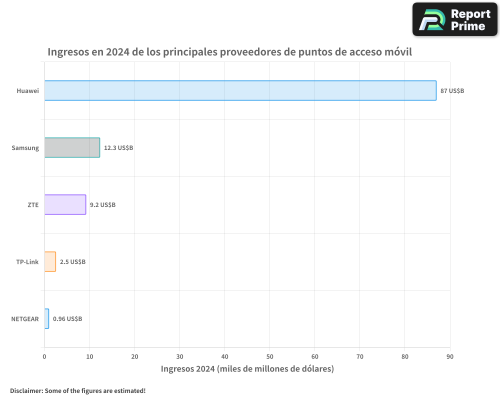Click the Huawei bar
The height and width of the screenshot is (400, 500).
pos(240,90)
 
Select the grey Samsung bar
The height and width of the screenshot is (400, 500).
pos(72,147)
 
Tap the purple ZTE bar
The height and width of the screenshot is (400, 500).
pos(65,204)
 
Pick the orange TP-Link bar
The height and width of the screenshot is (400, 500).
pos(50,261)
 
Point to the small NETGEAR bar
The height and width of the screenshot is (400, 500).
pos(46,318)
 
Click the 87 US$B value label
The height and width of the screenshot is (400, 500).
pos(452,91)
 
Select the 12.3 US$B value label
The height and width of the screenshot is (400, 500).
pos(118,148)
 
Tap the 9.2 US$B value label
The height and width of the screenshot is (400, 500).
pos(102,205)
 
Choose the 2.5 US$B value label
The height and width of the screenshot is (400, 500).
pos(72,262)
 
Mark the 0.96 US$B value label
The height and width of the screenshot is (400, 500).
pos(67,319)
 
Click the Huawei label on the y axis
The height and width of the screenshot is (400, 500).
pos(27,91)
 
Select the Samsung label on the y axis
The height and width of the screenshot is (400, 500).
pos(25,148)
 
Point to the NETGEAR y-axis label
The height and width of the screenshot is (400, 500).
pos(24,319)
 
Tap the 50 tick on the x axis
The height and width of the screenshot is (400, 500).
pos(269,356)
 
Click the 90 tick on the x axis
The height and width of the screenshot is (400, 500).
pos(450,356)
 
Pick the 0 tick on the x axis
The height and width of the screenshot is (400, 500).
pos(44,356)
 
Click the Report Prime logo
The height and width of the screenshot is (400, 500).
pos(455,19)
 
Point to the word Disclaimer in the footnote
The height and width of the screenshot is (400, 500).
pos(26,390)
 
